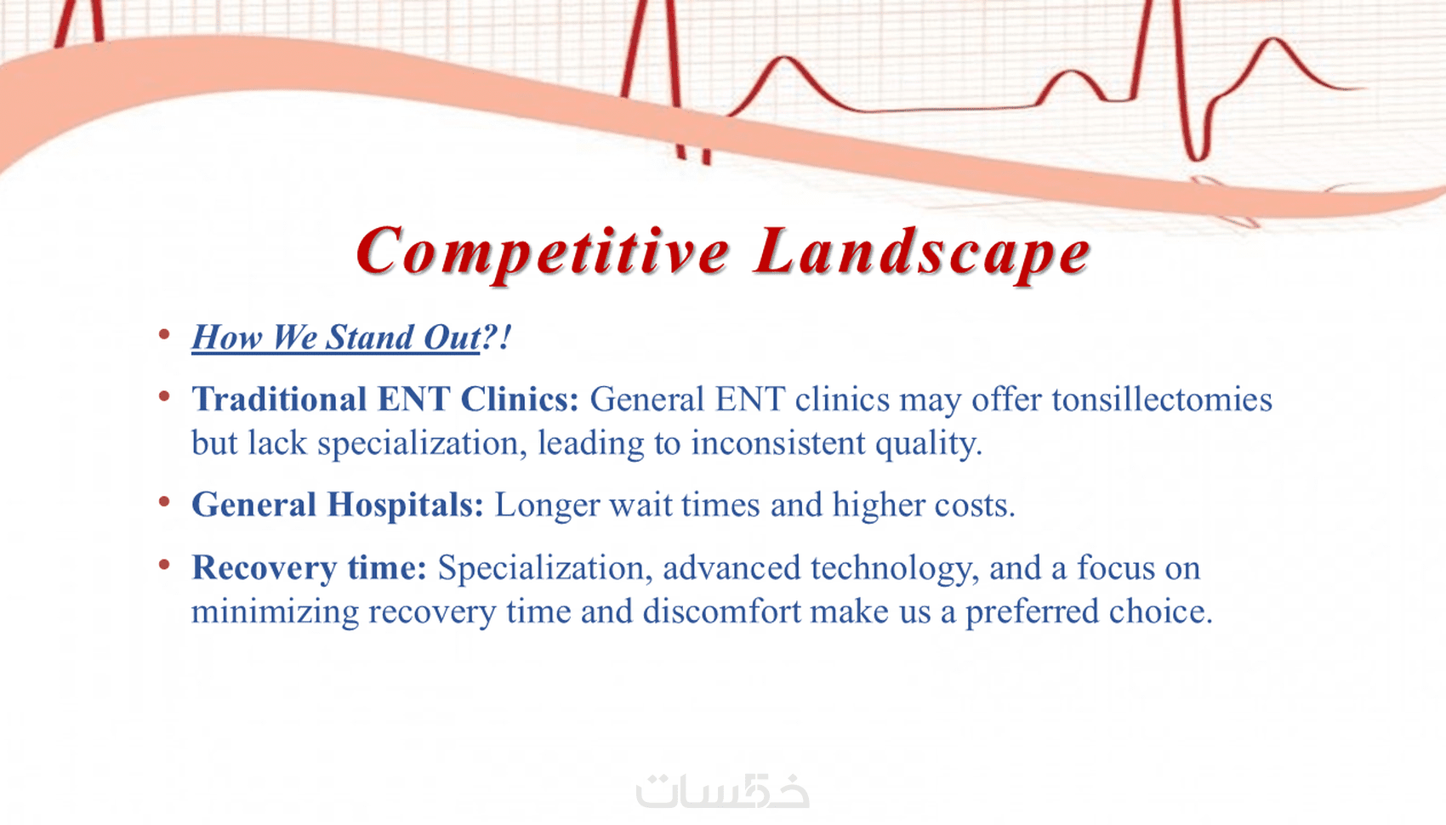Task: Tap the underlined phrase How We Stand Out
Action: (x=336, y=337)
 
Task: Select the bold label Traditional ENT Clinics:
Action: (x=384, y=399)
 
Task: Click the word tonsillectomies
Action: (x=1162, y=399)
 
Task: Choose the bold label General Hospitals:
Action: (x=337, y=505)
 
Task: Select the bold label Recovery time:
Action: (x=310, y=568)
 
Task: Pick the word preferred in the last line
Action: (x=1032, y=612)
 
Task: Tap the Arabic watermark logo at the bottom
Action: (x=722, y=790)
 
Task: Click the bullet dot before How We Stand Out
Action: (x=164, y=333)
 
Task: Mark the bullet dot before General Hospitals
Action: (x=164, y=502)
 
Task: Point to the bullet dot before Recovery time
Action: (x=164, y=565)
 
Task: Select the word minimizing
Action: (x=275, y=612)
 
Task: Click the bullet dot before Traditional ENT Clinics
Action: (x=164, y=395)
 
